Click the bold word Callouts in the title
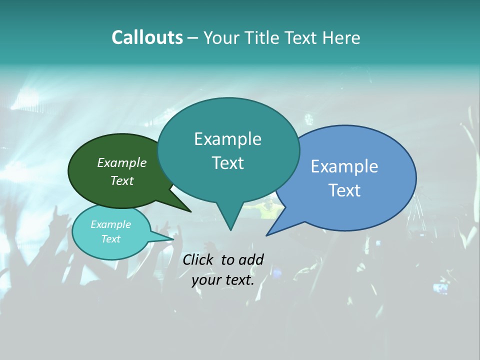pyautogui.click(x=147, y=37)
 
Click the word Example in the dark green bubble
pyautogui.click(x=121, y=163)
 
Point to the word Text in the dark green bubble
pyautogui.click(x=121, y=180)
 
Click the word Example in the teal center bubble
pyautogui.click(x=227, y=139)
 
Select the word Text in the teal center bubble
pyautogui.click(x=227, y=163)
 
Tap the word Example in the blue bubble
pyautogui.click(x=344, y=166)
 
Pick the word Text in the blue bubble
pyautogui.click(x=344, y=190)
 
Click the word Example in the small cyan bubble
pyautogui.click(x=110, y=224)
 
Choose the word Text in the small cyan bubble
pyautogui.click(x=110, y=239)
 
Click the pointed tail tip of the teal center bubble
pyautogui.click(x=230, y=230)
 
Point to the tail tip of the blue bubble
pyautogui.click(x=267, y=235)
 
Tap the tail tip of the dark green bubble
pyautogui.click(x=190, y=211)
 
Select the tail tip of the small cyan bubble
pyautogui.click(x=173, y=239)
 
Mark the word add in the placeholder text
pyautogui.click(x=251, y=259)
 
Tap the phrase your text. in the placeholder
pyautogui.click(x=223, y=280)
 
